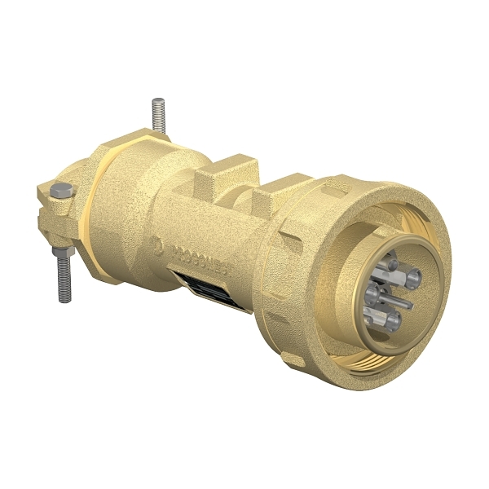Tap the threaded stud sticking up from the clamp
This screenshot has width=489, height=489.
[157, 114]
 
